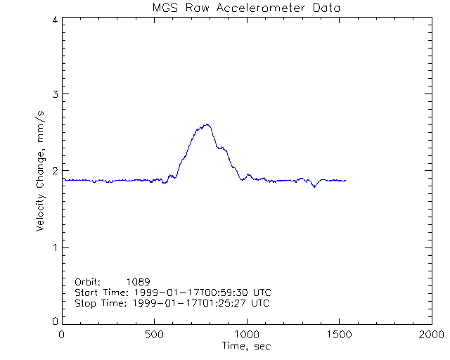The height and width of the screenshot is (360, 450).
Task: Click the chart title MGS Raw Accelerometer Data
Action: click(247, 8)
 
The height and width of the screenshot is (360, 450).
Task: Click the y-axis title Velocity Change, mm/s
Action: click(43, 171)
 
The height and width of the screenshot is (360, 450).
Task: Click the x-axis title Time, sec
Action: click(247, 346)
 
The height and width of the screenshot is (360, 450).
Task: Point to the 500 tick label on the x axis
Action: click(155, 335)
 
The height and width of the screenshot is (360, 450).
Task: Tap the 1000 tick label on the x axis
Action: click(247, 335)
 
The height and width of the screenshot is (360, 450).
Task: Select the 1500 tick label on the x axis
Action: click(339, 335)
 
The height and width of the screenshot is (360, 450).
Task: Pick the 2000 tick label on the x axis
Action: click(430, 335)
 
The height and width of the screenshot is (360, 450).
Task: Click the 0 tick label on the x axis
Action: click(63, 335)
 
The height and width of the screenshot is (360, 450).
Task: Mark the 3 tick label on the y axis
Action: click(55, 94)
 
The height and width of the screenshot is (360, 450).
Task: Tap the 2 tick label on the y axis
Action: click(55, 171)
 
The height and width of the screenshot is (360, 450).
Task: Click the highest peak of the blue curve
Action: click(207, 124)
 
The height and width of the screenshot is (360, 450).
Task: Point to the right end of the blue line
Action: click(345, 181)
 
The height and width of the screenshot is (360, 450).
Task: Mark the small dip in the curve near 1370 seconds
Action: click(314, 186)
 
